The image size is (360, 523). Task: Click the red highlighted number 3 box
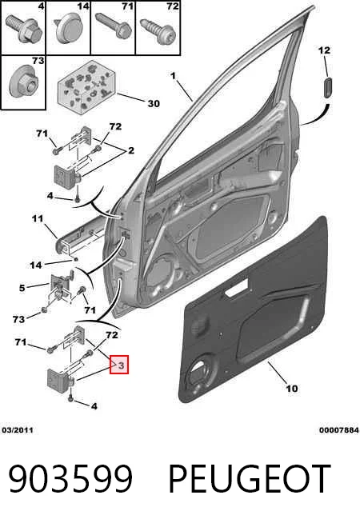pos(119,364)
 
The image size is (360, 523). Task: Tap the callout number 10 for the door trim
pos(292,388)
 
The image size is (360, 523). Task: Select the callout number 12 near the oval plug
pos(324,50)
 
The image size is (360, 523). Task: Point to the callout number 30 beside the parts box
pos(154,104)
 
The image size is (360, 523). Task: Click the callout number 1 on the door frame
pos(173,76)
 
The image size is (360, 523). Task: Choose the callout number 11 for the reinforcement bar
pos(38,218)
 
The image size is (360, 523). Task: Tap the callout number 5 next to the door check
pos(22,288)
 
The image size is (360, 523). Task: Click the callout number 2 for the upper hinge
pos(131,150)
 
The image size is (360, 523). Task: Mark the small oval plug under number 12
pos(327,87)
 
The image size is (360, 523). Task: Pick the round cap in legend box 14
pos(69,28)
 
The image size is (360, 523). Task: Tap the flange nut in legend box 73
pos(24,82)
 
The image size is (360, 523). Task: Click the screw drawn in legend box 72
pos(158,31)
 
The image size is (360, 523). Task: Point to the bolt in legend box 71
pos(114,25)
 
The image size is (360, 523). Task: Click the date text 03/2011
pos(18,430)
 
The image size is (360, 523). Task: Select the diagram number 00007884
pos(339,430)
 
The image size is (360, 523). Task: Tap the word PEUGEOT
pos(250,479)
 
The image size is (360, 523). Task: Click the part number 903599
pos(70,479)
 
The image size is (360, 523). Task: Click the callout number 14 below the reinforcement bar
pos(36,265)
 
